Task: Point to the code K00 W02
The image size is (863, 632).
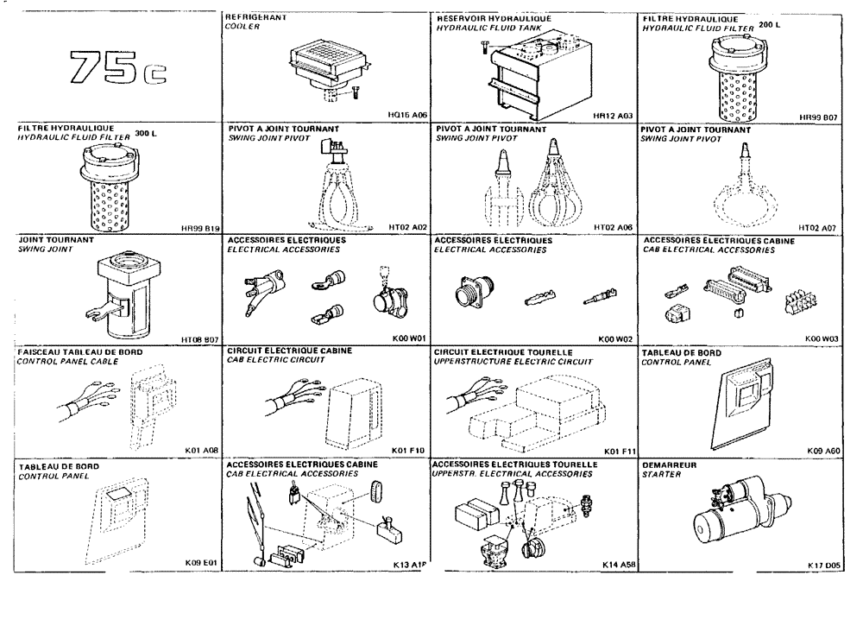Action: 614,338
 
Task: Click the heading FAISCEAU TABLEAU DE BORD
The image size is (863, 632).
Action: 80,352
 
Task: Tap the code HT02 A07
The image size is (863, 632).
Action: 821,226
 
